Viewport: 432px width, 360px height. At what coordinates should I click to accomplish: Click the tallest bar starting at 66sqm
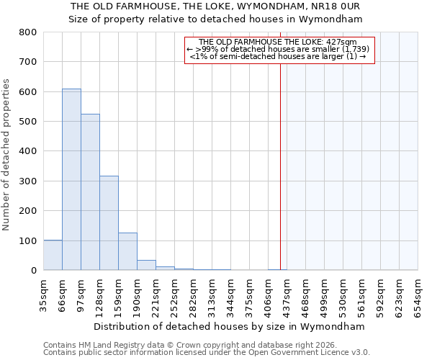[71, 179]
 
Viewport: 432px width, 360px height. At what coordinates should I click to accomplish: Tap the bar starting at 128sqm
[109, 222]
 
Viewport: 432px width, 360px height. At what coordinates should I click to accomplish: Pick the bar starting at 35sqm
[53, 255]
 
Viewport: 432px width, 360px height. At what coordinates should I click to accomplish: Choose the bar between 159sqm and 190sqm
[127, 251]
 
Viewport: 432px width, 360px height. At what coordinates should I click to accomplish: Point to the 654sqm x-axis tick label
[418, 296]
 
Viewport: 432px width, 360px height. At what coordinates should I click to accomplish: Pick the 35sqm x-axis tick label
[44, 296]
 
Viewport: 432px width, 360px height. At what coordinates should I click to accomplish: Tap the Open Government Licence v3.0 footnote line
[207, 353]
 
